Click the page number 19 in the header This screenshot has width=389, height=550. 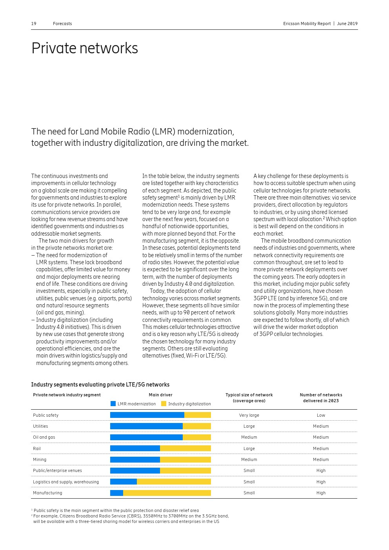(34, 24)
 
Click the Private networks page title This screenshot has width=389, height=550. (85, 48)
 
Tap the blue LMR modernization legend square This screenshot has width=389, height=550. (113, 403)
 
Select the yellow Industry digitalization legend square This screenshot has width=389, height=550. (164, 403)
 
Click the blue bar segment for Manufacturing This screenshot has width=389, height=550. (116, 493)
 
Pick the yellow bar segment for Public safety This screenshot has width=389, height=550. (198, 415)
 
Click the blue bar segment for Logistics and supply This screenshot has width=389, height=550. (124, 482)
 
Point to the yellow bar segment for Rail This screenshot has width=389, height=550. (185, 448)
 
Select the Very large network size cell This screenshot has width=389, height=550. (249, 415)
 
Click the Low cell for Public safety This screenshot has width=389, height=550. (321, 415)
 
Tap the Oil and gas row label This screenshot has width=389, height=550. (44, 437)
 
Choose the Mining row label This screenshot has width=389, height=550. (40, 459)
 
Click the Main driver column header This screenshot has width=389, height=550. (160, 395)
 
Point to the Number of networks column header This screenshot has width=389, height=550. (321, 398)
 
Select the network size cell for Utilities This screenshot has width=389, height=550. (249, 426)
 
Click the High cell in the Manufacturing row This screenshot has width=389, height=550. (321, 493)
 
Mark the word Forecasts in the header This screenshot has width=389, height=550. (62, 24)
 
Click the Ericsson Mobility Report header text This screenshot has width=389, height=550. (307, 24)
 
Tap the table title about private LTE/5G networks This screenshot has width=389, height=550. (100, 385)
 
